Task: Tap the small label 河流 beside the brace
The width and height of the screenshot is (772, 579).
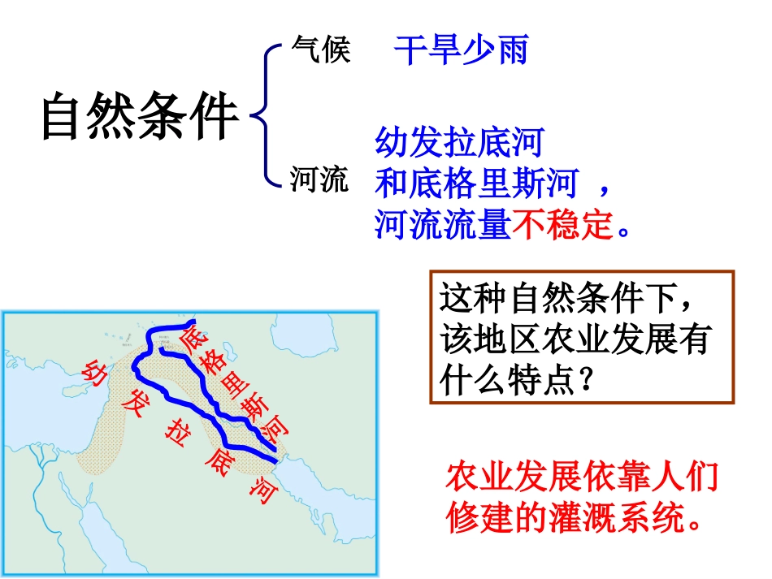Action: [x=320, y=179]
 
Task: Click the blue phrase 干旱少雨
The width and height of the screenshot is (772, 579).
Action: [x=461, y=50]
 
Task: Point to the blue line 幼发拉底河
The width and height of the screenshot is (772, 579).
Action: [x=458, y=144]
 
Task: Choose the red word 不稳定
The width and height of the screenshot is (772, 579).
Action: [x=562, y=224]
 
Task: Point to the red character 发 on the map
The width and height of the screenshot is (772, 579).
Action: [x=135, y=401]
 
